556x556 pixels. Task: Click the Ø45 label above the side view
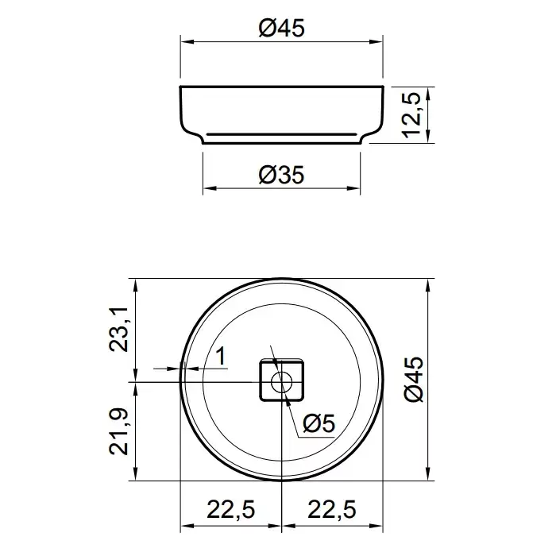coord(281,28)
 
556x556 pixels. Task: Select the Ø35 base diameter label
coord(281,175)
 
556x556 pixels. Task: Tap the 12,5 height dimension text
coord(411,115)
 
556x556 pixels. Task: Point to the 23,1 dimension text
coord(119,330)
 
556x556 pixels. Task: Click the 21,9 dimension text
coord(119,431)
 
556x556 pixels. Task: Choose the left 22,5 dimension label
coord(231,510)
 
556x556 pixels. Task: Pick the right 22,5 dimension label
coord(332,510)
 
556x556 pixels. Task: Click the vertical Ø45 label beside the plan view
coord(414,379)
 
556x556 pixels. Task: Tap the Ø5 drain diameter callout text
coord(319,423)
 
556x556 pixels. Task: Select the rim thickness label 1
coord(221,356)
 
